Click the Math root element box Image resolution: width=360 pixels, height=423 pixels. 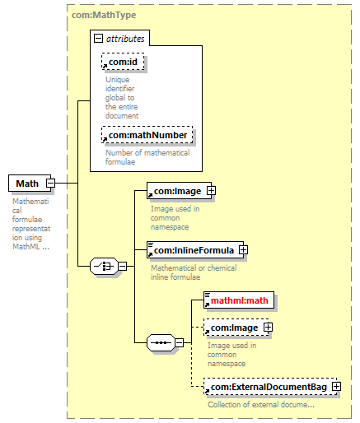30,183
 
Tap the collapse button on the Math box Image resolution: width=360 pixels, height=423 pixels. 50,183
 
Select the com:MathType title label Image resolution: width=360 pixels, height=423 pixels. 104,15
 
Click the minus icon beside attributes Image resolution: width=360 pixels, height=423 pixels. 98,38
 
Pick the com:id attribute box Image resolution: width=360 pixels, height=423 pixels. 123,62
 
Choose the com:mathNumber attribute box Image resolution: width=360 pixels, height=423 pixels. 147,135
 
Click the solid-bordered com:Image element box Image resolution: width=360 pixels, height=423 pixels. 179,191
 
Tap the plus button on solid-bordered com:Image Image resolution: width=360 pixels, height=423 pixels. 211,191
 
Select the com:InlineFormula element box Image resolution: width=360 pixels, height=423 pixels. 195,250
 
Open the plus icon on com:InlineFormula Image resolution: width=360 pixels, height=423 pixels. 243,250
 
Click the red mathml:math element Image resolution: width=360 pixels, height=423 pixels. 239,300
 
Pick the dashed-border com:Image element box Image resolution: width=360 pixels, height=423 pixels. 236,328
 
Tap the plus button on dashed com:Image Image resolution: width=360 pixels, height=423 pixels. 268,328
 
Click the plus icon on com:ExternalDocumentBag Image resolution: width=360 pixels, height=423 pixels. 336,387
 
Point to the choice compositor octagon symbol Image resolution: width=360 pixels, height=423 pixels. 104,266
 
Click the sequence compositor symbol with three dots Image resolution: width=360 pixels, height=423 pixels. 161,342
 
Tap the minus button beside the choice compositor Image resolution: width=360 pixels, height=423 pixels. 123,266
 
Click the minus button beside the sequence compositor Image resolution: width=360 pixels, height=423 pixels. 180,342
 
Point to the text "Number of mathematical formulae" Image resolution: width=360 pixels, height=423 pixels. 147,157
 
